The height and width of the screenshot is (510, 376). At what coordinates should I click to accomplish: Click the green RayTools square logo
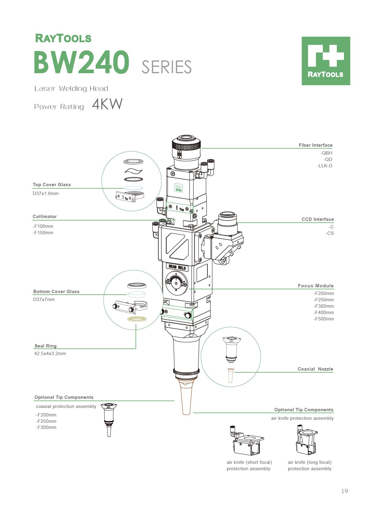(326, 61)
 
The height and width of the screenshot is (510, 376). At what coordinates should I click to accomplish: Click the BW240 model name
(81, 62)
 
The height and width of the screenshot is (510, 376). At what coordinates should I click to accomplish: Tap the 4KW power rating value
(107, 104)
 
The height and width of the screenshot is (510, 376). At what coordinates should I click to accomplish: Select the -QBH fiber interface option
(326, 153)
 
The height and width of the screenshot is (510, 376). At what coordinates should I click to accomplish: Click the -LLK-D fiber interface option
(324, 166)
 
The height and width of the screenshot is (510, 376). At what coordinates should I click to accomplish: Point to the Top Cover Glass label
(52, 185)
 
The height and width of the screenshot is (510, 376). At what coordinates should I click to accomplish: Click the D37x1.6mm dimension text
(46, 193)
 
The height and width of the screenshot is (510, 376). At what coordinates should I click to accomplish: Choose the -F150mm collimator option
(43, 233)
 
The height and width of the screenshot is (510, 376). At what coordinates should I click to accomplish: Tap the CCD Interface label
(317, 219)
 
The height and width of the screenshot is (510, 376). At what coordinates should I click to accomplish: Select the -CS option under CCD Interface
(330, 233)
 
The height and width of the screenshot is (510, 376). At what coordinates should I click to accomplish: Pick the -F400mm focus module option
(323, 313)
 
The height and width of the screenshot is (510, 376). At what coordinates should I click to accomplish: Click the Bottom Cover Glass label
(56, 292)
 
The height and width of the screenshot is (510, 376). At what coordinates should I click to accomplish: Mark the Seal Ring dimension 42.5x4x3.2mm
(50, 354)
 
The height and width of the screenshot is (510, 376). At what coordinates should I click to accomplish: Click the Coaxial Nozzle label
(315, 369)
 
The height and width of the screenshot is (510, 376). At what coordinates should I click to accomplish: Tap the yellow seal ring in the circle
(137, 319)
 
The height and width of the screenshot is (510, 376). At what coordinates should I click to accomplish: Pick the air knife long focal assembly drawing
(306, 440)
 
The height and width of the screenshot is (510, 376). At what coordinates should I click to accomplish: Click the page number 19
(344, 491)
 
